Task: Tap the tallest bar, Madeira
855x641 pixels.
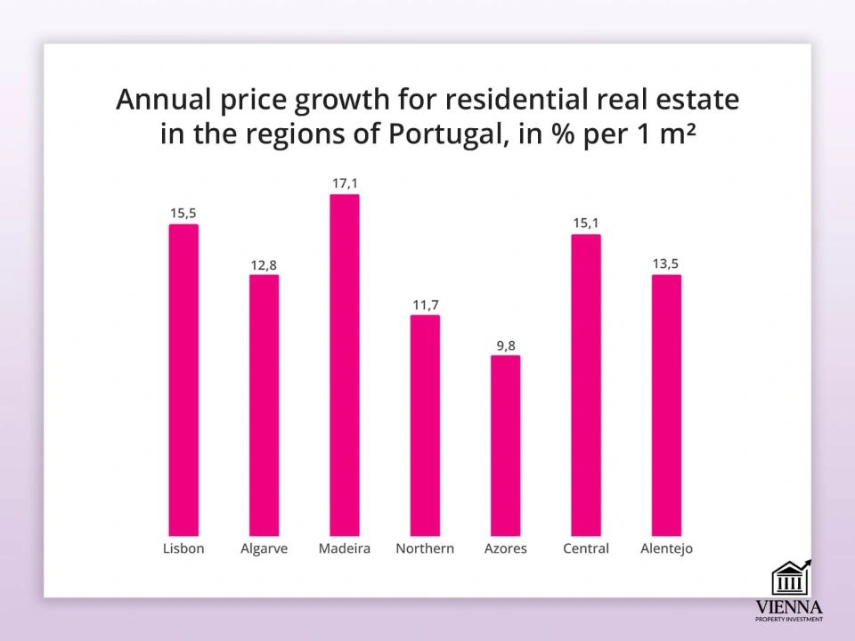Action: tap(345, 365)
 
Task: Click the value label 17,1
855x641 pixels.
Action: tap(345, 183)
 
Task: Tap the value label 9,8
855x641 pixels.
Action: tap(506, 345)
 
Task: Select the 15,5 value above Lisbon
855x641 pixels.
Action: tap(183, 214)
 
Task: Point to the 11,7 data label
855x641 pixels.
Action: tap(425, 305)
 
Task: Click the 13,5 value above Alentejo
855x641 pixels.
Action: tap(666, 264)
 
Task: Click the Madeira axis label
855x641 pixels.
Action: tap(345, 548)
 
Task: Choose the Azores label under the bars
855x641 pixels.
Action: tap(505, 548)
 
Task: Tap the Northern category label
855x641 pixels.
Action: tap(425, 548)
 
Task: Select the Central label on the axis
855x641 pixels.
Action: tap(586, 548)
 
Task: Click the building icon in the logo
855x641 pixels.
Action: tap(789, 579)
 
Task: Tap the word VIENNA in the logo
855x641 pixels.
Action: tap(789, 607)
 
